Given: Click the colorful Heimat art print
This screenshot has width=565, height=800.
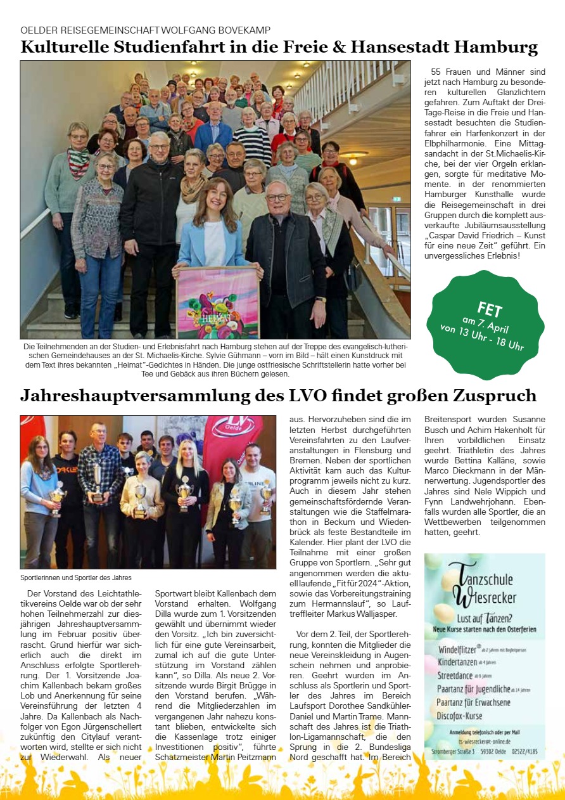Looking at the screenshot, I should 219,302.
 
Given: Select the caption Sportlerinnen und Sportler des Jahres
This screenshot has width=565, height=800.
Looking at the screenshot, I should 76,577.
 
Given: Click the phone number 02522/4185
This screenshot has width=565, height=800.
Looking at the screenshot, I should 525,751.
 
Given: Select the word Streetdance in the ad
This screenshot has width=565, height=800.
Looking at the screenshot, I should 461,676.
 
